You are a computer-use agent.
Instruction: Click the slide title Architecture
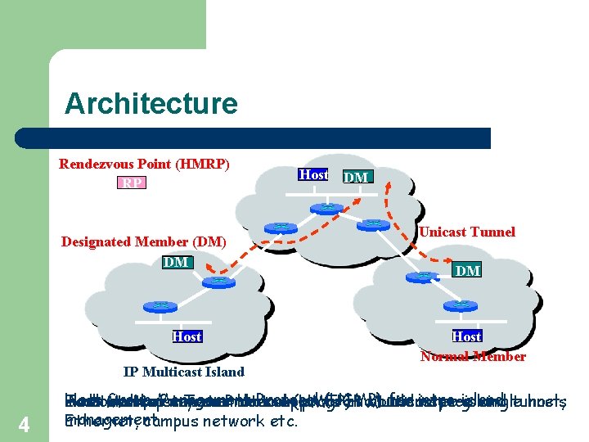pyautogui.click(x=151, y=104)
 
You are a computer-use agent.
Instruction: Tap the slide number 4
pyautogui.click(x=24, y=426)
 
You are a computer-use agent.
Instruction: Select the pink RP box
pyautogui.click(x=130, y=183)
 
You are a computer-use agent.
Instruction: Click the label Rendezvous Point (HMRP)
pyautogui.click(x=144, y=164)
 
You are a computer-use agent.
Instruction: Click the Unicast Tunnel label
pyautogui.click(x=467, y=232)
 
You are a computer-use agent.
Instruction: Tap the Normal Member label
pyautogui.click(x=472, y=356)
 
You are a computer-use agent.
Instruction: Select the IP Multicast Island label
pyautogui.click(x=183, y=372)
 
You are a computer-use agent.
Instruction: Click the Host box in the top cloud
pyautogui.click(x=312, y=174)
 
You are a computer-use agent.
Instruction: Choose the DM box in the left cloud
pyautogui.click(x=176, y=262)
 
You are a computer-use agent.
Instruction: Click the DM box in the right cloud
pyautogui.click(x=467, y=270)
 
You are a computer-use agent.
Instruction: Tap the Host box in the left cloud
pyautogui.click(x=187, y=336)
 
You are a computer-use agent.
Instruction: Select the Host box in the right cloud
pyautogui.click(x=466, y=336)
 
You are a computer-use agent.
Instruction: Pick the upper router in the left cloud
pyautogui.click(x=217, y=281)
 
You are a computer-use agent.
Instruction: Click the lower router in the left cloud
pyautogui.click(x=160, y=305)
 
